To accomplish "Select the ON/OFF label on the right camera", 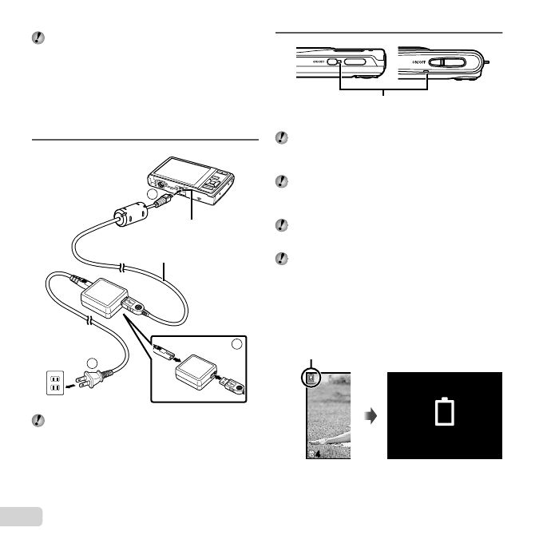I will [417, 61].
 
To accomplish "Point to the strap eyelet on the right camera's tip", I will [486, 61].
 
